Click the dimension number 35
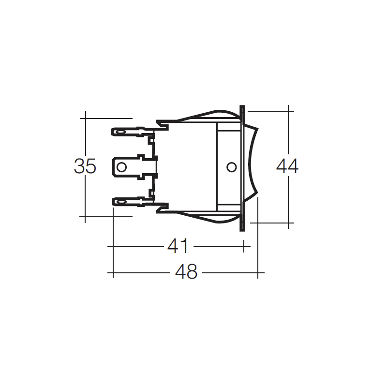[x=85, y=166]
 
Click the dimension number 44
[x=287, y=166]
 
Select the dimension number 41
[x=178, y=246]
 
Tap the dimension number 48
[x=186, y=272]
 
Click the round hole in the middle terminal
[x=121, y=167]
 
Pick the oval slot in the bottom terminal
[x=120, y=203]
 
